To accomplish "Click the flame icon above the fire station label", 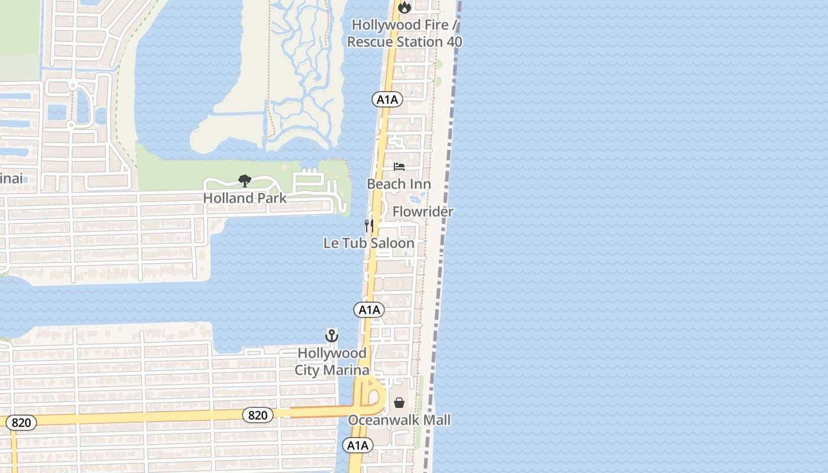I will (405, 7).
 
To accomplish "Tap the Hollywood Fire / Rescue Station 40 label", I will (405, 34).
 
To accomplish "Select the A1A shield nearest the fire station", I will (387, 99).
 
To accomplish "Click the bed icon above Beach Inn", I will (399, 167).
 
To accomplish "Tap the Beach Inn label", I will (399, 184).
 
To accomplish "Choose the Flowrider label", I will (423, 212).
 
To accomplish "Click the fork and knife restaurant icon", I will (368, 225).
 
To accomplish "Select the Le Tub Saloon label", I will (369, 243).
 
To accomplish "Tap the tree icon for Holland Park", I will (244, 181).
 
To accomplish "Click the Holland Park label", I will (245, 198).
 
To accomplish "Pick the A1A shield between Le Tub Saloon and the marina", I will (369, 310).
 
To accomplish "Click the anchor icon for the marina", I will (332, 336).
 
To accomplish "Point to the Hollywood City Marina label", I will (332, 361).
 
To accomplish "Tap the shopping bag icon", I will (399, 403).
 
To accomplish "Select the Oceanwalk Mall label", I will (399, 420).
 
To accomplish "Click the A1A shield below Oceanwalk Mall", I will (358, 445).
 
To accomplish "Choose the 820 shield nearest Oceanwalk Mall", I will (258, 415).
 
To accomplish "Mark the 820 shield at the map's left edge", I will (21, 423).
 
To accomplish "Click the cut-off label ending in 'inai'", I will (11, 178).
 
